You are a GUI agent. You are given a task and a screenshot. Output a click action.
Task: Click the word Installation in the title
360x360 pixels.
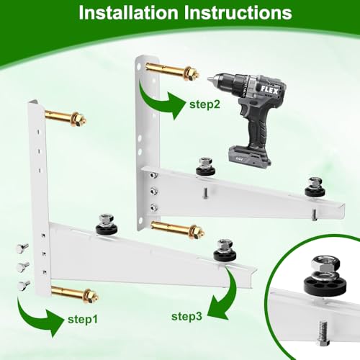128,12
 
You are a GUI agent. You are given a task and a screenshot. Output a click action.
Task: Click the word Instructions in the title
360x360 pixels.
238,12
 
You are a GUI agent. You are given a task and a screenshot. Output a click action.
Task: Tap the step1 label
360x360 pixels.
83,320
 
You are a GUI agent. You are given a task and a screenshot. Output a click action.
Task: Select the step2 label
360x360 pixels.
204,104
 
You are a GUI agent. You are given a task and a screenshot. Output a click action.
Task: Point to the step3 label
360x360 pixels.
186,317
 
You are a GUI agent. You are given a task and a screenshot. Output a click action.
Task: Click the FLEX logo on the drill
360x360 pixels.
269,90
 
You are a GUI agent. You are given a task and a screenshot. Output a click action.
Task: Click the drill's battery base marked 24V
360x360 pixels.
250,156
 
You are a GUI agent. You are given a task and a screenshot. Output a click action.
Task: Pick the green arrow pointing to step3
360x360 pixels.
225,297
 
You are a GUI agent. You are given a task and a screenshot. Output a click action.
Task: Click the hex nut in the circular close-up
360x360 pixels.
325,265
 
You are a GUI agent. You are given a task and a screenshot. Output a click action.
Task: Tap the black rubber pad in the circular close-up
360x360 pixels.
325,286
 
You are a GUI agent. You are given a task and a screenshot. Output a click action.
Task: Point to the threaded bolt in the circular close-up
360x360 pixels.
323,333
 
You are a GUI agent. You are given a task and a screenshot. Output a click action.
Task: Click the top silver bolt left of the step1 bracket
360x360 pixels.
22,248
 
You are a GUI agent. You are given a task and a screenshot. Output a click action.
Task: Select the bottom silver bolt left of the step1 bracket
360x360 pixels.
24,285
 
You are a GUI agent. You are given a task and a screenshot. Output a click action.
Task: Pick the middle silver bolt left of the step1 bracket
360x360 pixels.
23,266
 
